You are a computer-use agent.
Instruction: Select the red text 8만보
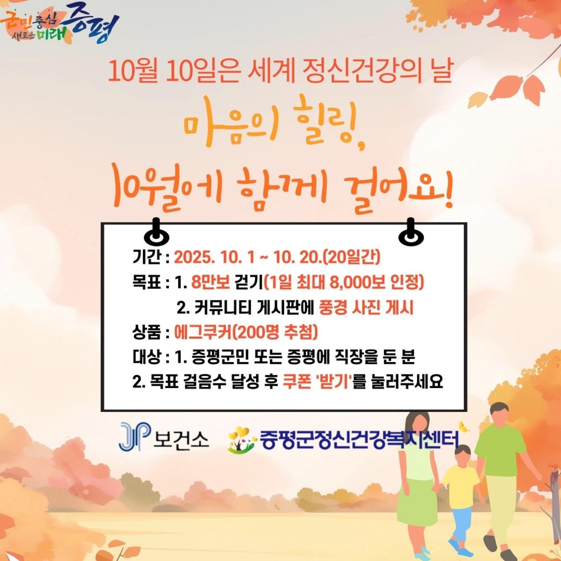(x=210, y=283)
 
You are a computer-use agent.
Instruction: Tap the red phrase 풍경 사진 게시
(x=366, y=308)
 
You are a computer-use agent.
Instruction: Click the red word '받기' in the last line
(x=333, y=381)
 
